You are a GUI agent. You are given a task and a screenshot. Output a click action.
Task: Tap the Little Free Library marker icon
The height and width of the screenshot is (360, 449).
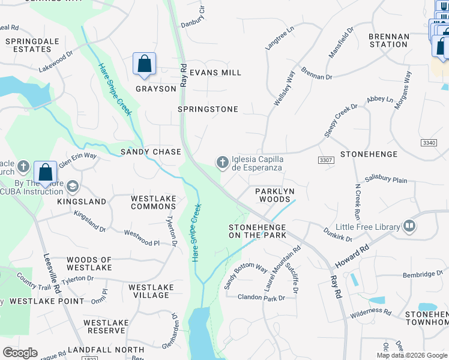tap(409, 226)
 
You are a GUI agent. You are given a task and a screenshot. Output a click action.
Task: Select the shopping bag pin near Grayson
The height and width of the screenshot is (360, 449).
tap(145, 64)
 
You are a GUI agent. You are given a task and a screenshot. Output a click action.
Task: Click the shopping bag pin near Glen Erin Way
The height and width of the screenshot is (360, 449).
tap(46, 172)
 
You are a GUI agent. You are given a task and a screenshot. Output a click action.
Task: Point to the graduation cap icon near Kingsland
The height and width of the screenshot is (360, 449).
tap(73, 187)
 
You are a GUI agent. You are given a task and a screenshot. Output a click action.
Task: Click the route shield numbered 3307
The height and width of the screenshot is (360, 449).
tap(326, 160)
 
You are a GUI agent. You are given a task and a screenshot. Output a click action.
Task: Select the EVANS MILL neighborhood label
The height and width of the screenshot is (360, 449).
tap(215, 73)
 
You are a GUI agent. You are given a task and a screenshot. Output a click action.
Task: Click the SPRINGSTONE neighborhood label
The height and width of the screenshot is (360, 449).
tap(208, 109)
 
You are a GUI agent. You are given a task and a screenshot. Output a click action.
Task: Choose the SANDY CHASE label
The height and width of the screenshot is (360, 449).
tap(151, 152)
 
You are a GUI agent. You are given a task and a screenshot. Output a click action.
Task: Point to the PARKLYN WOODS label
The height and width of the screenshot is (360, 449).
tap(273, 195)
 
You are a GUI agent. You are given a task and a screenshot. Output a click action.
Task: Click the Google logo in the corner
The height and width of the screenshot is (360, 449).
tap(20, 353)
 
